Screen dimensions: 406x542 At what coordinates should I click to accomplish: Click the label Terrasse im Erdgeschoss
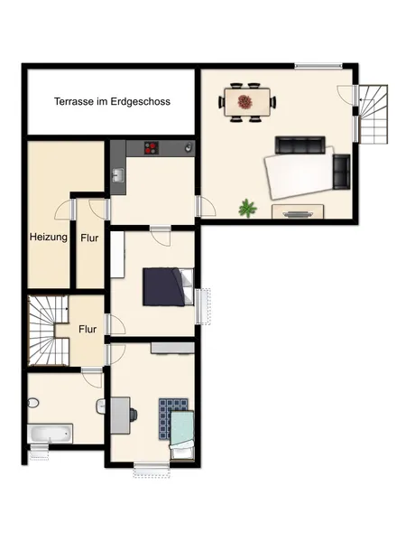(112, 101)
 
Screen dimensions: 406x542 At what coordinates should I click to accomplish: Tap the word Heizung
(49, 237)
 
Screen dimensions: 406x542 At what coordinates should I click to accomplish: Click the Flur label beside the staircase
(88, 329)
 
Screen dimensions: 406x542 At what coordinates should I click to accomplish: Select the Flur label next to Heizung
(89, 238)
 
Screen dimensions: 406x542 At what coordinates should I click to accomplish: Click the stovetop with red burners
(152, 148)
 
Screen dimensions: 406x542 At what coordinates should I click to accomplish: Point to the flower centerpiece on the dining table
(245, 101)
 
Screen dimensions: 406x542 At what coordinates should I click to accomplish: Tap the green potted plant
(248, 208)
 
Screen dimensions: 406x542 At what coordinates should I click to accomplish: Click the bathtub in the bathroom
(50, 434)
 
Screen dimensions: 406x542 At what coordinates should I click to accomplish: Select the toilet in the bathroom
(32, 403)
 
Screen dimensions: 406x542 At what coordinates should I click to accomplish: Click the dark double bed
(168, 286)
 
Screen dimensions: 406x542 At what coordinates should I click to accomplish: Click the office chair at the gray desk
(134, 415)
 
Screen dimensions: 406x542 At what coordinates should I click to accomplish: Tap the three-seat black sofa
(300, 145)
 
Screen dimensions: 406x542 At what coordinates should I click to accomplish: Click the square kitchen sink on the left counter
(118, 175)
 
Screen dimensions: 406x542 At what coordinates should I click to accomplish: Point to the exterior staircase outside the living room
(373, 114)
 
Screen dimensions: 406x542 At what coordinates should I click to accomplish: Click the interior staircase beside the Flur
(49, 331)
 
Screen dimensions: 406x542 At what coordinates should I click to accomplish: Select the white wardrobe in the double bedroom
(117, 254)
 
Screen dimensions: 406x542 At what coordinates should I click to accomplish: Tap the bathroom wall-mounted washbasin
(100, 406)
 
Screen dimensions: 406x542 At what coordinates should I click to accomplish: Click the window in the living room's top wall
(318, 66)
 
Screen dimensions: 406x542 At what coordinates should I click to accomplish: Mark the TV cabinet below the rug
(298, 211)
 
